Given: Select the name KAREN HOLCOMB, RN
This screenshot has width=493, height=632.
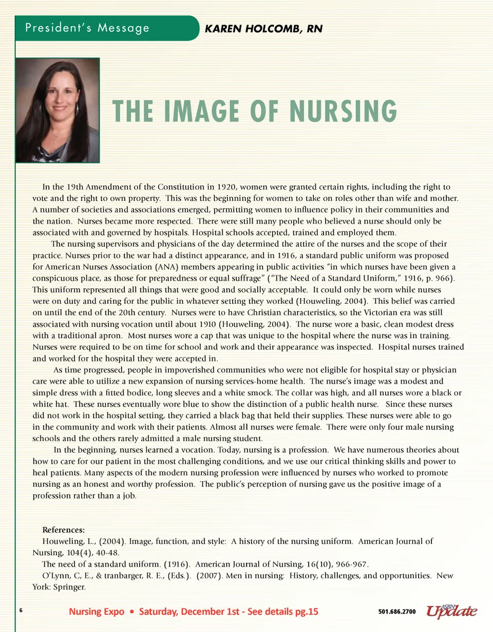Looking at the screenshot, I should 263,29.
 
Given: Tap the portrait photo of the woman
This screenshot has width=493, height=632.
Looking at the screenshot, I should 58,110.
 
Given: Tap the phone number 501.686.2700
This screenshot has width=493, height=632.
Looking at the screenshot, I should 397,612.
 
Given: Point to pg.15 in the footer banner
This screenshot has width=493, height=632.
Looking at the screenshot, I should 305,611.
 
